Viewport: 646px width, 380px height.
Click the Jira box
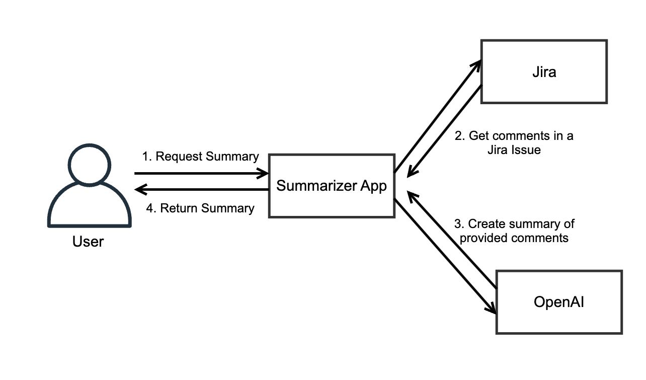pyautogui.click(x=544, y=72)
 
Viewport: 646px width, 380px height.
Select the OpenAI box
pyautogui.click(x=559, y=302)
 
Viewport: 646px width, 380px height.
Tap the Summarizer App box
pyautogui.click(x=332, y=186)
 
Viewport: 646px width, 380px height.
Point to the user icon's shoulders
pyautogui.click(x=90, y=206)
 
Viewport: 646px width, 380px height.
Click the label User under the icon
pyautogui.click(x=88, y=242)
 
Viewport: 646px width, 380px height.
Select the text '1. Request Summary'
pyautogui.click(x=200, y=157)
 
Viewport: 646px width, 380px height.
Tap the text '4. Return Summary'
pyautogui.click(x=200, y=208)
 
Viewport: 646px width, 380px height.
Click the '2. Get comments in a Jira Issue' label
pyautogui.click(x=514, y=142)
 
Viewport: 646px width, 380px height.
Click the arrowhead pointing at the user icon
pyautogui.click(x=140, y=190)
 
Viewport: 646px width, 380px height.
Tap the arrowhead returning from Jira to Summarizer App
pyautogui.click(x=412, y=171)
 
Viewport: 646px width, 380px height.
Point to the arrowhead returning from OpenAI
pyautogui.click(x=412, y=196)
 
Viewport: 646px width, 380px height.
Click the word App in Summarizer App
pyautogui.click(x=373, y=186)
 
